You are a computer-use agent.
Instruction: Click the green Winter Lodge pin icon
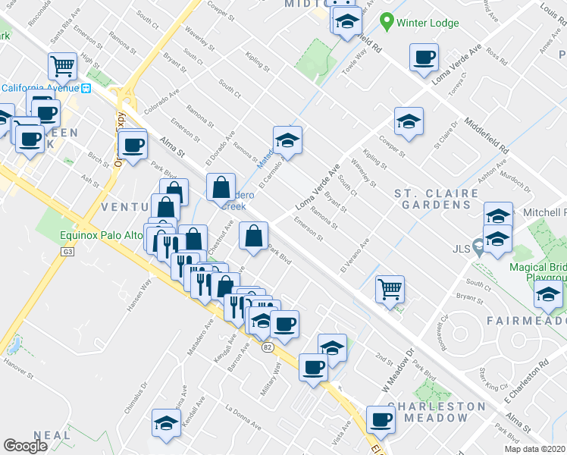[x=387, y=21]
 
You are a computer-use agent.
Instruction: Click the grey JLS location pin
[x=478, y=246]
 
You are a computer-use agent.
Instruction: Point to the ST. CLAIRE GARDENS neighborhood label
[x=437, y=199]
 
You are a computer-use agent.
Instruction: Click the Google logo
[x=26, y=446]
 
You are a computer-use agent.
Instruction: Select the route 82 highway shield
[x=267, y=347]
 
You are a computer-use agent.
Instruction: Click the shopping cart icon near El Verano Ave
[x=390, y=289]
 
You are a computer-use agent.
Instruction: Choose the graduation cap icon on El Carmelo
[x=287, y=140]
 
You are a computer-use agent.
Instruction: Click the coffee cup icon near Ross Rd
[x=424, y=56]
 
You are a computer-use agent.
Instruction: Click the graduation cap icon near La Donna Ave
[x=166, y=423]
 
